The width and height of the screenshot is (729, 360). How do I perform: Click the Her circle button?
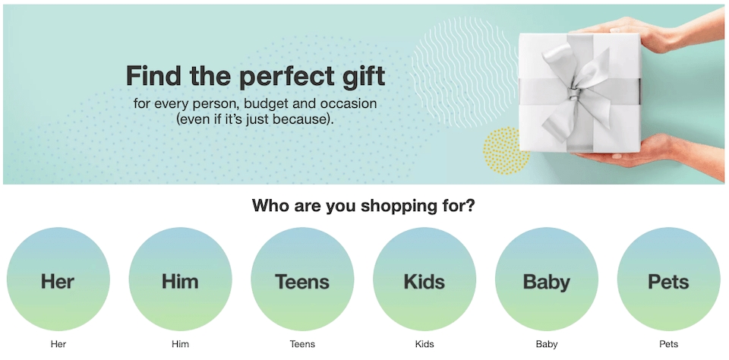[58, 279]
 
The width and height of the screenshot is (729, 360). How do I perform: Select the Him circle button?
[181, 279]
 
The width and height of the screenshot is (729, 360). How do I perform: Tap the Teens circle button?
[302, 279]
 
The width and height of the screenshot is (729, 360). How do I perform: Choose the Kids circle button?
[424, 279]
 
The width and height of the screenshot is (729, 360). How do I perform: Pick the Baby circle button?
[546, 279]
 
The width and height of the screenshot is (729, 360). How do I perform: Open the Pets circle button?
[668, 279]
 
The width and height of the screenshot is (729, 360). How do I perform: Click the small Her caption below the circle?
[58, 345]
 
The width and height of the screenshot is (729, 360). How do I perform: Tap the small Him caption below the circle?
[181, 345]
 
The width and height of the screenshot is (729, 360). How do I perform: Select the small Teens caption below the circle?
[302, 345]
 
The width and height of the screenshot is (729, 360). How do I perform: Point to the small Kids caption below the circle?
[424, 345]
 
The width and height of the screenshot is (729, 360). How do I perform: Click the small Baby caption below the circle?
[546, 345]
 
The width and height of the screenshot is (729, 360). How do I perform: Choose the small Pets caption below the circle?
[668, 345]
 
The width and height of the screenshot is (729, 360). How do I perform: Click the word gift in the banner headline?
[365, 76]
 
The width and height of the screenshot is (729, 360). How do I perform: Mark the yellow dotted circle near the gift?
[506, 150]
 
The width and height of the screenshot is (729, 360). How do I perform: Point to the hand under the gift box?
[651, 151]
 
